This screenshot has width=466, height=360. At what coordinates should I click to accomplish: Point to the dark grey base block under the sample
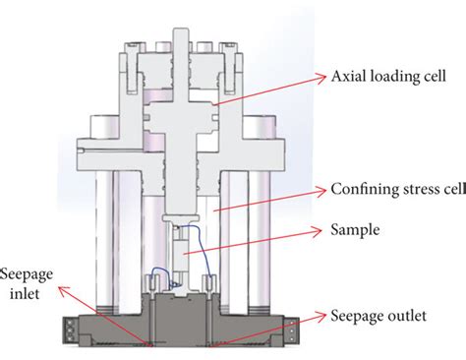point(187,315)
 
